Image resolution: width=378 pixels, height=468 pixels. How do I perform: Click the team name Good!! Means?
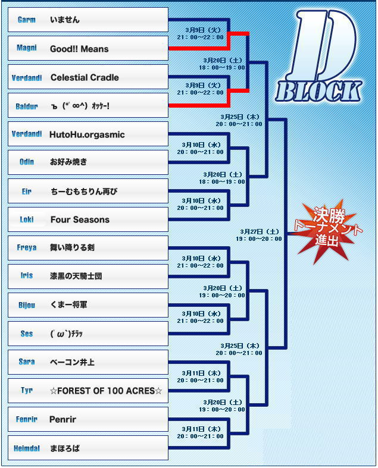(79, 49)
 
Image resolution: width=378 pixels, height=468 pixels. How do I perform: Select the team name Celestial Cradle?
(85, 77)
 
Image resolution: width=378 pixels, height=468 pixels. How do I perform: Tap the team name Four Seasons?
(80, 219)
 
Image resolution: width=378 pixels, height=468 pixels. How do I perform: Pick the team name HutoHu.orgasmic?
(87, 134)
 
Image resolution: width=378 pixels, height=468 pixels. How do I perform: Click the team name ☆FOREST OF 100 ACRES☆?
(106, 391)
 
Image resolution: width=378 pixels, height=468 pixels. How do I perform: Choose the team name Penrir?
(63, 419)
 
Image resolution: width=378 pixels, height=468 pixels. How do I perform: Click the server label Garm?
(27, 20)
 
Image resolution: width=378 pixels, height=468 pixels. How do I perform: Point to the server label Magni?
(27, 48)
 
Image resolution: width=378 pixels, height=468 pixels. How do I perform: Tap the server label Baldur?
(27, 106)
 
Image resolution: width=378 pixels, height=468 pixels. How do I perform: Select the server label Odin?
(27, 162)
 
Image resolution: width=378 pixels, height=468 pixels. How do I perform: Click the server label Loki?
(27, 219)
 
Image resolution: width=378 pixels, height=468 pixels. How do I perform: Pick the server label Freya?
(27, 247)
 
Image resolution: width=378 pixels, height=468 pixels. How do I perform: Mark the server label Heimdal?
(27, 448)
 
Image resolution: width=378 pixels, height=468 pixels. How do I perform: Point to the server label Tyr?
(27, 390)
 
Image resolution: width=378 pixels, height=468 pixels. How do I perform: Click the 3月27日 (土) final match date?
(260, 231)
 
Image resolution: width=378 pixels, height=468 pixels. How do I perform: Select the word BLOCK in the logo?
(318, 92)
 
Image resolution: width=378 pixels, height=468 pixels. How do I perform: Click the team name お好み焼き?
(68, 162)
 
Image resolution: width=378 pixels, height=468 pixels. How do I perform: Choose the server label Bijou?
(27, 305)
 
